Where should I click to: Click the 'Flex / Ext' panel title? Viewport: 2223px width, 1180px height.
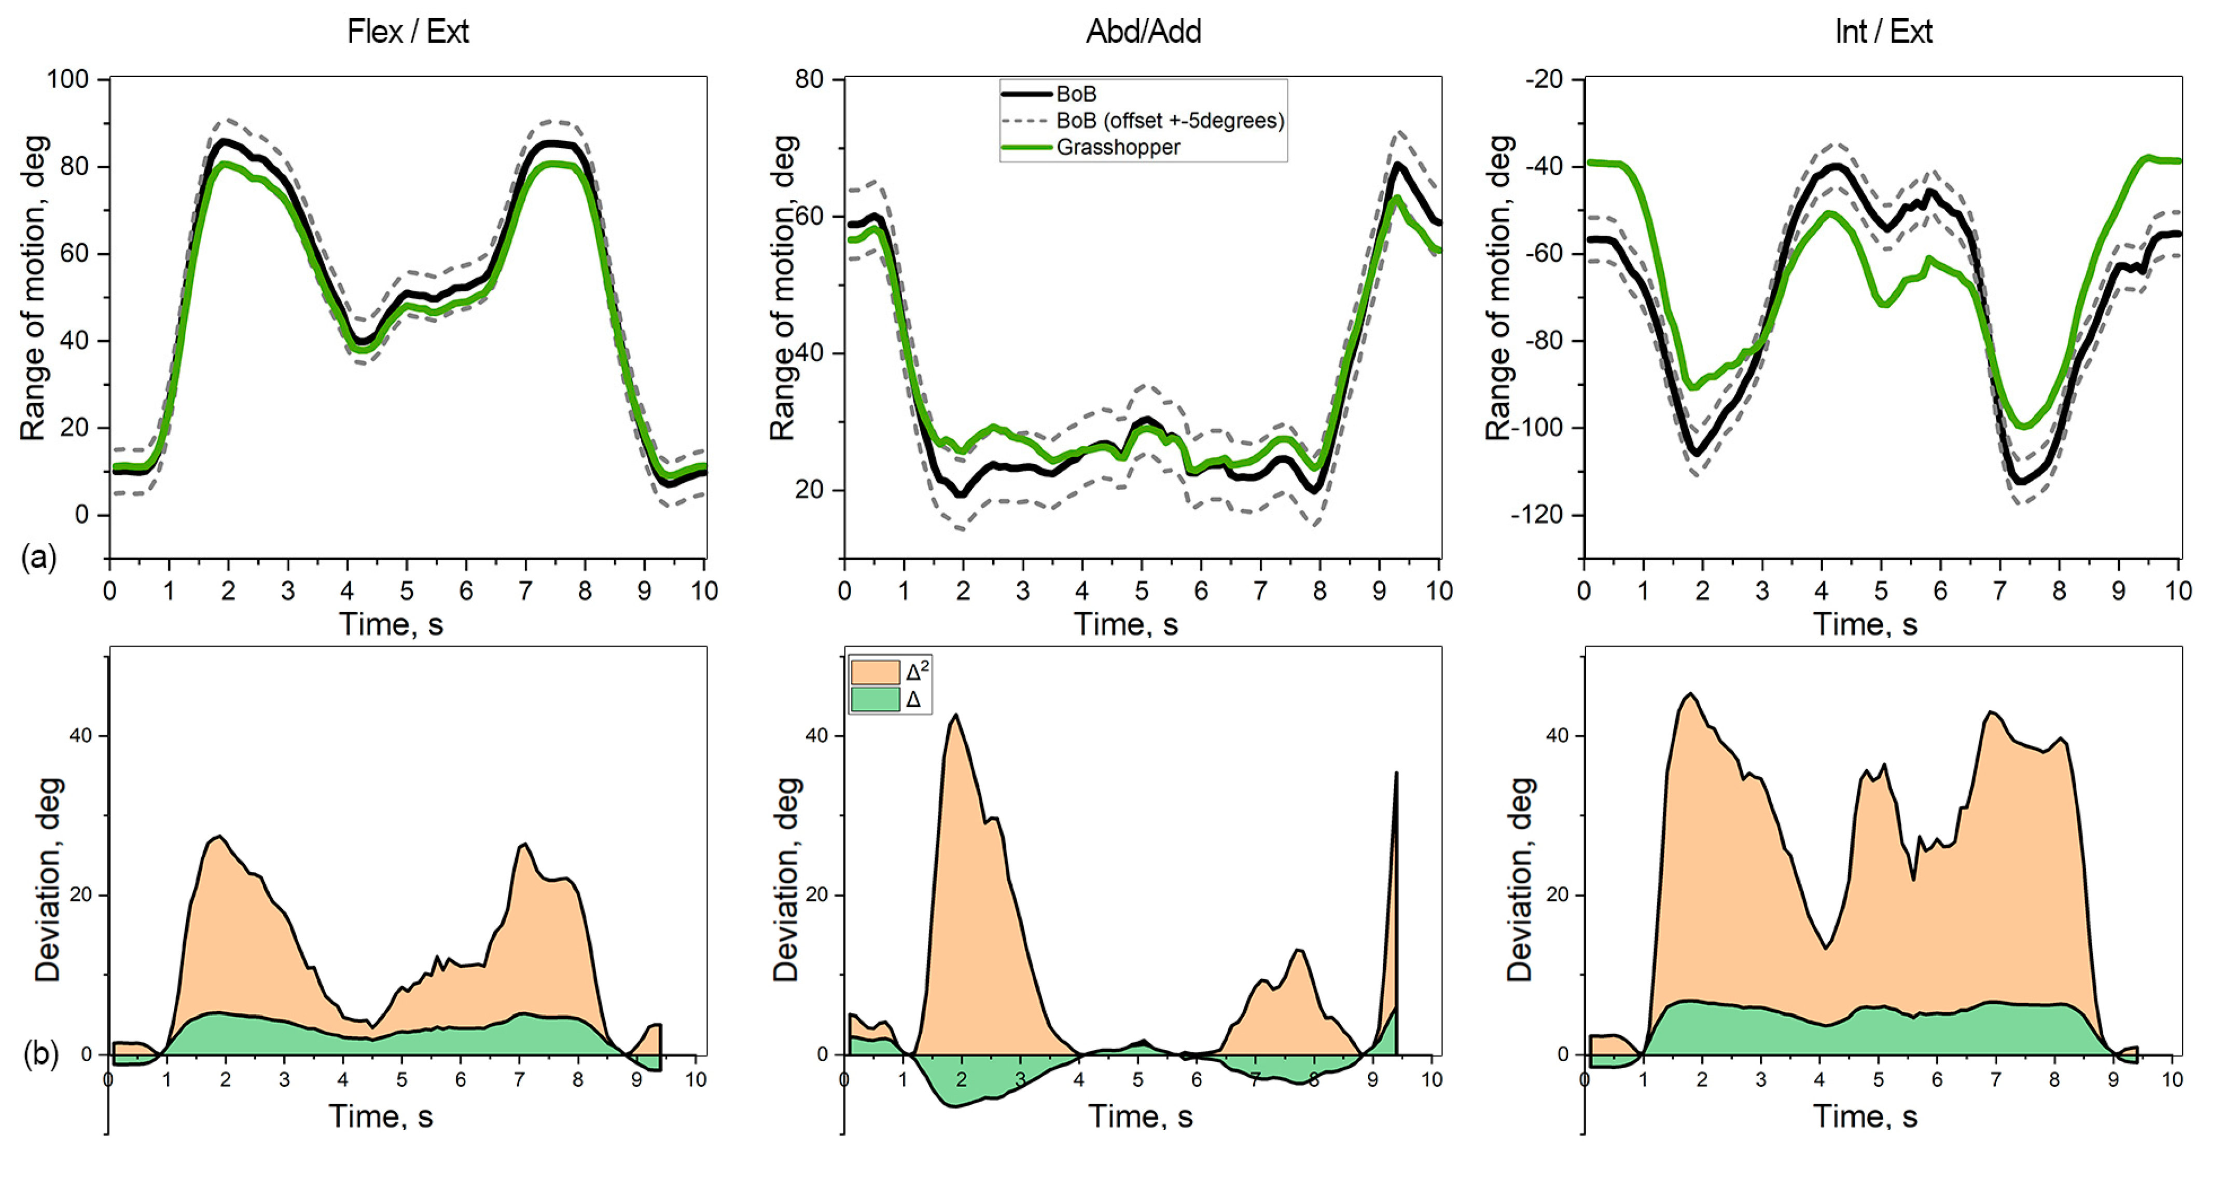[x=407, y=32]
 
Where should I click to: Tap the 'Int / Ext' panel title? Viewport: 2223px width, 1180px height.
[x=1882, y=32]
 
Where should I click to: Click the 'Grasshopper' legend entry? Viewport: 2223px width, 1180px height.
[x=1118, y=147]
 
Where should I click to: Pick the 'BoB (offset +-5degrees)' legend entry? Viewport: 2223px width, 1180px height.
[x=1169, y=121]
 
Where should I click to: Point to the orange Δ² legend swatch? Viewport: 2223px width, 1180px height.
[x=874, y=671]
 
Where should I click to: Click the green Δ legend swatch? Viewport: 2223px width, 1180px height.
[x=874, y=699]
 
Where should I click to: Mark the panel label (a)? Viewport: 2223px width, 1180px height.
[x=39, y=557]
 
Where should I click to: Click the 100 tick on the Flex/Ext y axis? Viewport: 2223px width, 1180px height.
[x=67, y=79]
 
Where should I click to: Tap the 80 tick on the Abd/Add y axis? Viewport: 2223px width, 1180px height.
[x=809, y=79]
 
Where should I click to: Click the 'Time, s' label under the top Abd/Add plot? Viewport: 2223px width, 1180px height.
[x=1126, y=624]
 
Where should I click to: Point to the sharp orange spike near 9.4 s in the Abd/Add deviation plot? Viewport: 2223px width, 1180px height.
[x=1395, y=777]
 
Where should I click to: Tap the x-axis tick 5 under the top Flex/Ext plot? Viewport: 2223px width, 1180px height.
[x=407, y=591]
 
